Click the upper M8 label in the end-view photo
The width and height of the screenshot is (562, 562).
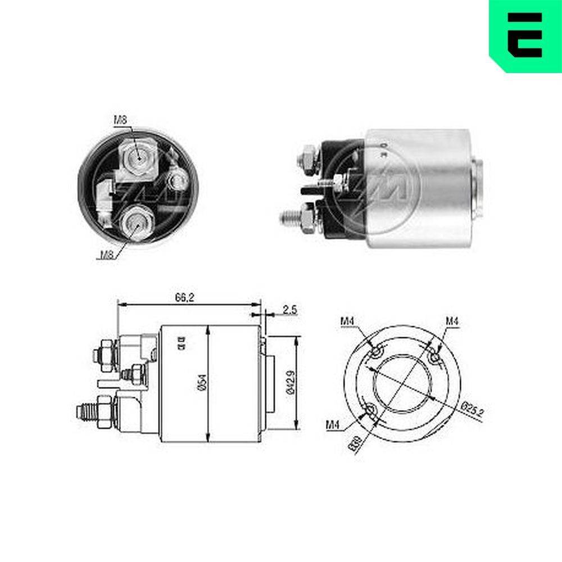(121, 119)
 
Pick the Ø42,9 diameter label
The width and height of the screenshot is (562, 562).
(289, 383)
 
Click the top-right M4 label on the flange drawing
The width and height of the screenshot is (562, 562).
(452, 321)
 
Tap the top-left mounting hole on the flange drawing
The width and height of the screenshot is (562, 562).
(375, 352)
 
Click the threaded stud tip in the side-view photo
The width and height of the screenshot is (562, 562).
(286, 216)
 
